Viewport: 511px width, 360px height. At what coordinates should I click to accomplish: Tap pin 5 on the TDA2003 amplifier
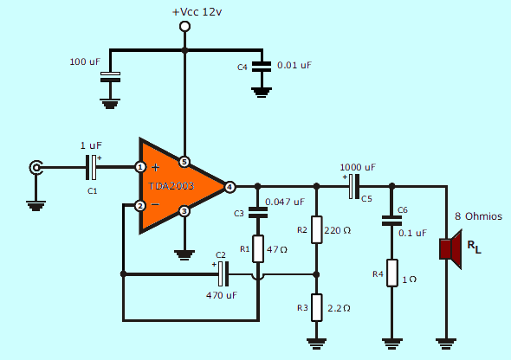(184, 162)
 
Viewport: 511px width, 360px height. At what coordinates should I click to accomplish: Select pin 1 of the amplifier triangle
(140, 166)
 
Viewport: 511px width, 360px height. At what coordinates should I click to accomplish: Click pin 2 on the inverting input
(140, 206)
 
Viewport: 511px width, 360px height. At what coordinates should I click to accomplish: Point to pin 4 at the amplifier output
(230, 186)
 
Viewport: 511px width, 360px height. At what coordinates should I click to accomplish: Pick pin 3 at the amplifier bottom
(184, 211)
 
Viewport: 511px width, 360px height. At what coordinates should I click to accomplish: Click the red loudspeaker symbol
(449, 248)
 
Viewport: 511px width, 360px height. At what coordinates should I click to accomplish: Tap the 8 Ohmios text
(479, 216)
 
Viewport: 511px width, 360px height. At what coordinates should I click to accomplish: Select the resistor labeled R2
(317, 230)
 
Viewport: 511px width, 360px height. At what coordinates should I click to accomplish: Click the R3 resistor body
(317, 307)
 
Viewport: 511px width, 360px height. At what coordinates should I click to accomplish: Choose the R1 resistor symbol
(257, 249)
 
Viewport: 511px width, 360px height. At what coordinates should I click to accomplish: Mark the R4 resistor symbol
(392, 273)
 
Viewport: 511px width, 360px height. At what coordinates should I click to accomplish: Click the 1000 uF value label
(358, 167)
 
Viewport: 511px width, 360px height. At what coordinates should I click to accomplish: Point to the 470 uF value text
(221, 295)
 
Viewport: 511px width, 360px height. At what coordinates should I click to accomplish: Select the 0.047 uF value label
(285, 202)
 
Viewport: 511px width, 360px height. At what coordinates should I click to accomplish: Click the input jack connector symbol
(36, 167)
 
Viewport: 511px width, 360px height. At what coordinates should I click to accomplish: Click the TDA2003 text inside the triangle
(171, 186)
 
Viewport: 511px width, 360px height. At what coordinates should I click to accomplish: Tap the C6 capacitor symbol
(392, 222)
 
